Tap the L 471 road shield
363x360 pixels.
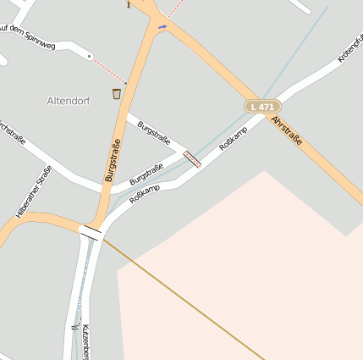[262, 107]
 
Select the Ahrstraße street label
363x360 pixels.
[287, 130]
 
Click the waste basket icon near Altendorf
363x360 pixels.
[116, 93]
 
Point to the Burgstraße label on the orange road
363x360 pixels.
[112, 161]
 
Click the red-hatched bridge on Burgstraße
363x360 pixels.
[192, 159]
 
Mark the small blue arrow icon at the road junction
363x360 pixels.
[162, 26]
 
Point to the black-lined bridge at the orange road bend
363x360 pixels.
[91, 231]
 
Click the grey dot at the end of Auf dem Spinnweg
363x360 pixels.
[90, 56]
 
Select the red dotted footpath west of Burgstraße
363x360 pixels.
[110, 71]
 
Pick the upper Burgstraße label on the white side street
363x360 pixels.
[154, 133]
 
